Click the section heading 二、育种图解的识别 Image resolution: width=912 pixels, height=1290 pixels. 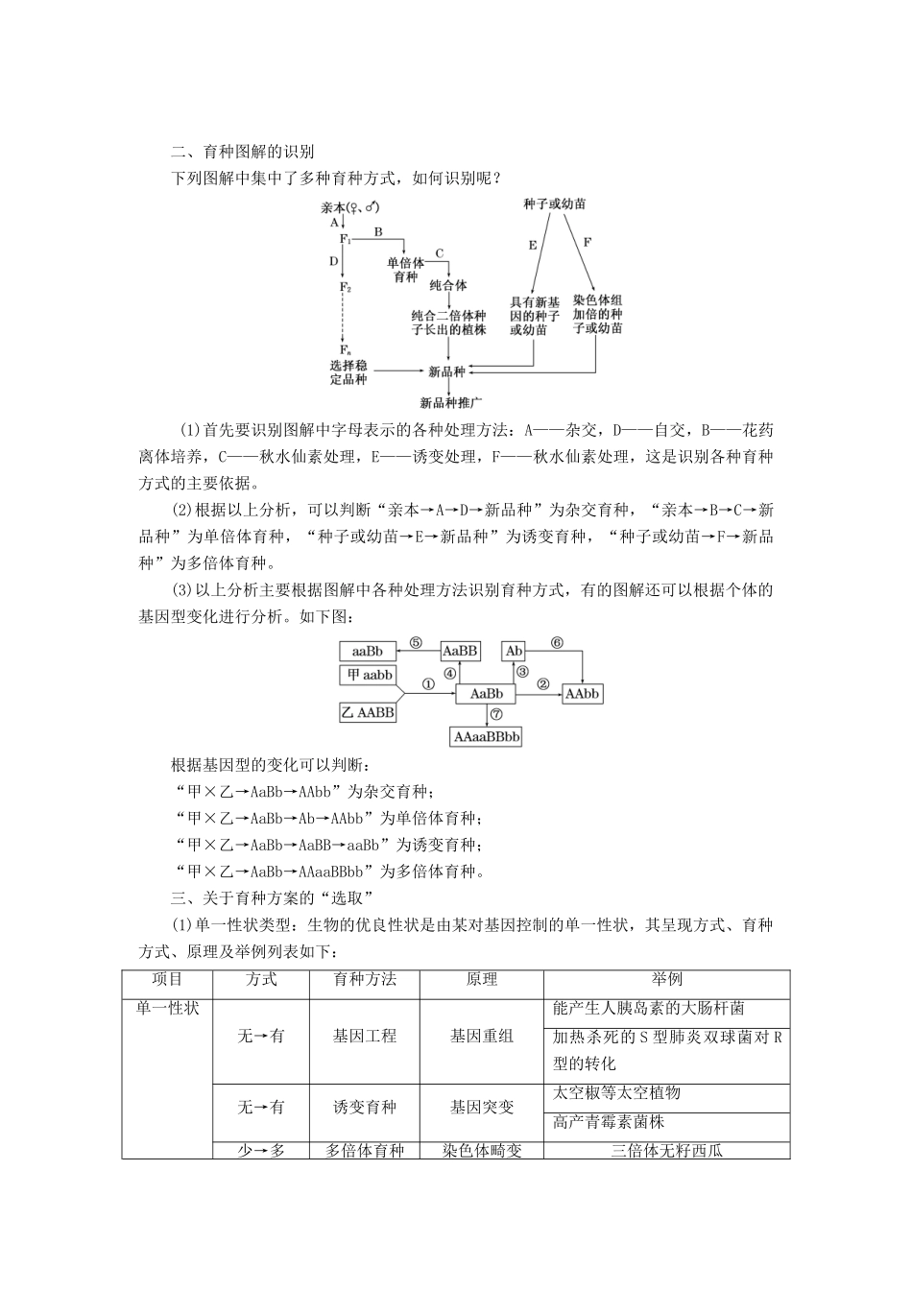pos(242,152)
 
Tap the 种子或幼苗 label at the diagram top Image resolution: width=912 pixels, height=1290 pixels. pos(555,204)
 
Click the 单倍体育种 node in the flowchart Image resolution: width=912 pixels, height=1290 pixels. pos(406,270)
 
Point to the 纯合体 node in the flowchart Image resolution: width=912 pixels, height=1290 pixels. pos(447,285)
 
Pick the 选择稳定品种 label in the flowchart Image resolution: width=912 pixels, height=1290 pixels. pos(348,372)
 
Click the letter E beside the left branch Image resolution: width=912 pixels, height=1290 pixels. pos(533,245)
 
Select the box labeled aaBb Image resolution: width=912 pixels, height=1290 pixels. pos(367,651)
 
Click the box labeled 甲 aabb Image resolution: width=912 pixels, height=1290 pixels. pos(368,676)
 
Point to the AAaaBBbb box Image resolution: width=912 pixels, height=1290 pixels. pos(487,737)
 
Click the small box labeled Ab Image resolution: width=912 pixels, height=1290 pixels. pos(515,651)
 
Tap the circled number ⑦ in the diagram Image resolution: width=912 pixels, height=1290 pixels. pos(496,714)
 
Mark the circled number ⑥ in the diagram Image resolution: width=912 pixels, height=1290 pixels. pos(556,642)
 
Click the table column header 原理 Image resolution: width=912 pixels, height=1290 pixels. pos(481,979)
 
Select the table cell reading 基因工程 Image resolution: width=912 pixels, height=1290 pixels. pos(364,1037)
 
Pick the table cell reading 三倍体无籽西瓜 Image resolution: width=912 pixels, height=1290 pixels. pos(666,1150)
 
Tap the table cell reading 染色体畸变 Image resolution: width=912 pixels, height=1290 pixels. pos(481,1150)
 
